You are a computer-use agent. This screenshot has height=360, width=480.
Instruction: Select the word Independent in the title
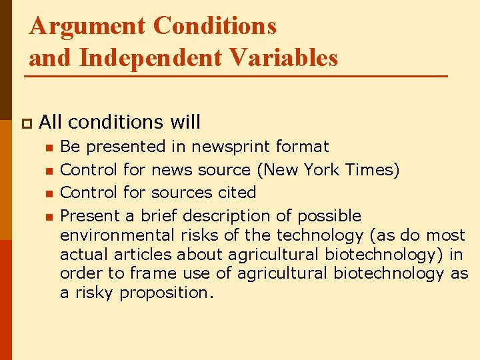(x=153, y=58)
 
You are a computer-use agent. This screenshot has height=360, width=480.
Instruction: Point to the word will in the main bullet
(x=185, y=122)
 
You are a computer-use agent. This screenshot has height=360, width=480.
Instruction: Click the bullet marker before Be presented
(x=48, y=147)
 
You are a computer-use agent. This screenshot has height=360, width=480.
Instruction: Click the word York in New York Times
(x=323, y=169)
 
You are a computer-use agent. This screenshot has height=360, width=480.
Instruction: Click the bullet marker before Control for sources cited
(x=48, y=193)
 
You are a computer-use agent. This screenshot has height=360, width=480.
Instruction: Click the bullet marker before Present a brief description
(x=48, y=217)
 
